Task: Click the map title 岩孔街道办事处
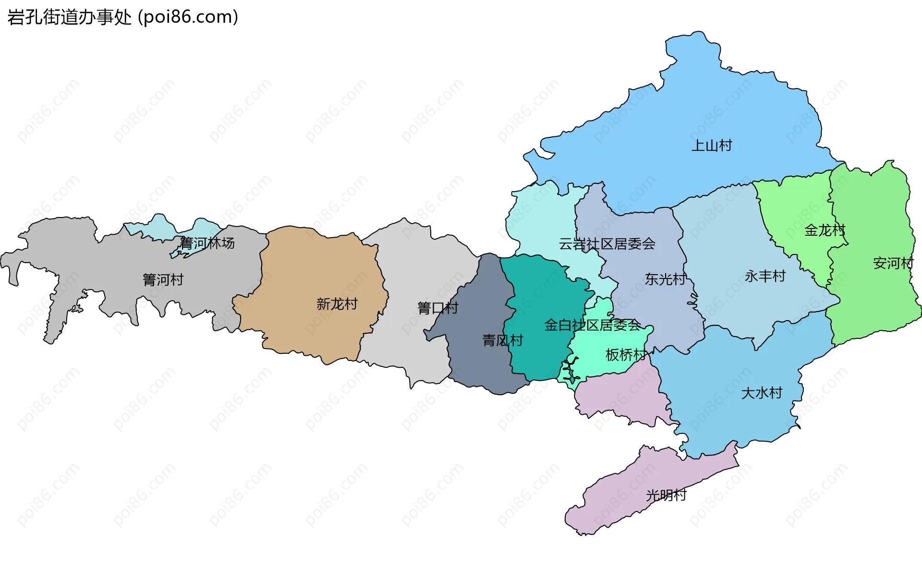coord(69,17)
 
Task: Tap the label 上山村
coord(711,145)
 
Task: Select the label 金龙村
coord(825,230)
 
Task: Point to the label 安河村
coord(893,263)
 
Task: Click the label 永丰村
coord(765,276)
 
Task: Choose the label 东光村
coord(665,279)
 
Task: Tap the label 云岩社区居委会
coord(607,244)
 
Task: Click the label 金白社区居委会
coord(592,325)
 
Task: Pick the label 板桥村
coord(626,355)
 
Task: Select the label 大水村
coord(762,393)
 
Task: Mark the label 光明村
coord(666,495)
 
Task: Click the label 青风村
coord(502,340)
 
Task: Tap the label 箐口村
coord(437,308)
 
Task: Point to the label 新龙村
coord(337,304)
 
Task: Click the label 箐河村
coord(163,279)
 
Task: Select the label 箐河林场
coord(207,243)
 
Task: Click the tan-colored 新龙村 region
coord(312,269)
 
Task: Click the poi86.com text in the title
coord(188,17)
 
